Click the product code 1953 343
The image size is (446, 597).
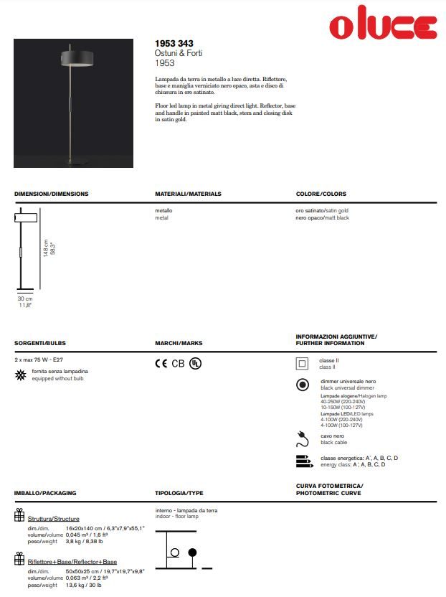coord(174,44)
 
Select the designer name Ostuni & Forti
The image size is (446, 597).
coord(179,54)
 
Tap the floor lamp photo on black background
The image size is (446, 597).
coord(73,103)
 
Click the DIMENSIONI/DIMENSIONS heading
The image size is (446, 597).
coord(52,194)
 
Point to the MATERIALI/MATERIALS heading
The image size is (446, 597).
coord(188,194)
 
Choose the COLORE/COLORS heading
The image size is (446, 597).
coord(321,194)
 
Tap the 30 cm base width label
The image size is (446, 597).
coord(25,298)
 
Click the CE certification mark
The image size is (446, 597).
coord(161,363)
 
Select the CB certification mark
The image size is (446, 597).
coord(179,363)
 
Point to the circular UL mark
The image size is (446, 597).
coord(196,363)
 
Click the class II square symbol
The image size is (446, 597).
coord(303,363)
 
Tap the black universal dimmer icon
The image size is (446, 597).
coord(303,385)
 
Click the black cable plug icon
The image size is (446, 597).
coord(303,438)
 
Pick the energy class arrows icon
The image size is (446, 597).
coord(304,461)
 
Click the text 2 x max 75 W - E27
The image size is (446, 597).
coord(43,358)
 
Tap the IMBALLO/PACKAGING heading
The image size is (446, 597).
coord(45,493)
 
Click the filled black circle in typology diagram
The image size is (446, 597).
coord(191,552)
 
